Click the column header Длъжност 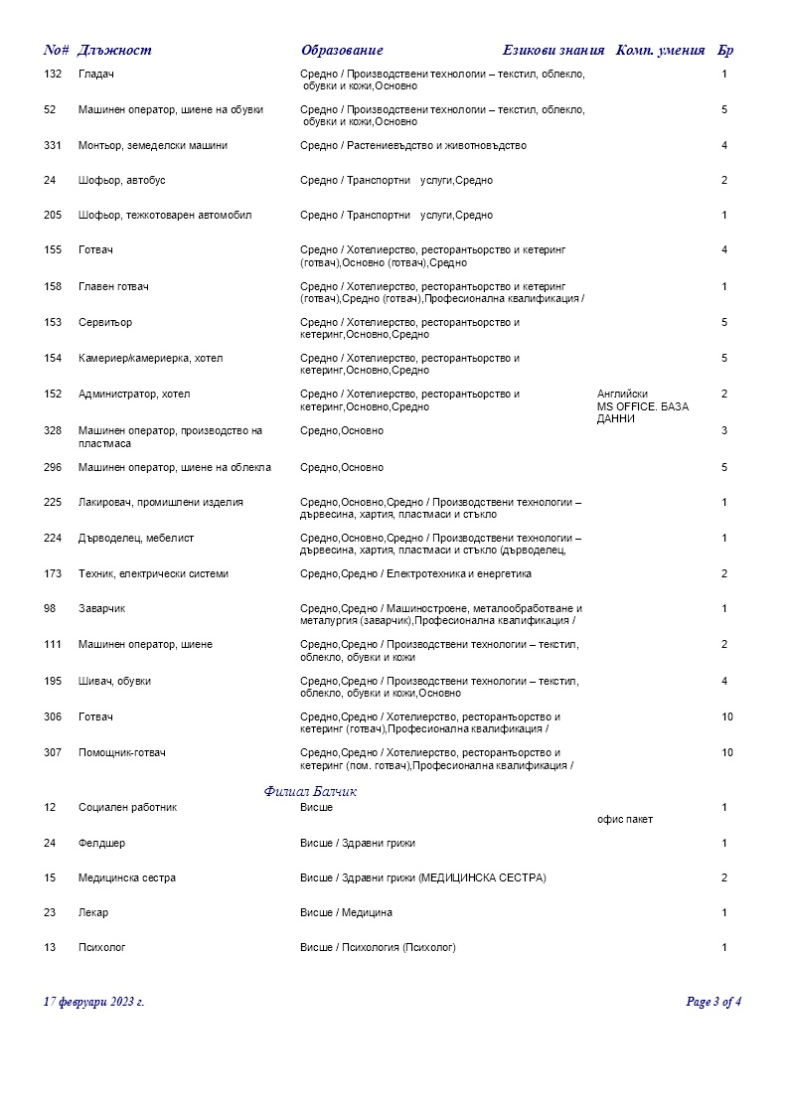tap(114, 51)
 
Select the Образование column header tap(342, 51)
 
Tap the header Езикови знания tap(553, 51)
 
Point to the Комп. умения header tap(661, 51)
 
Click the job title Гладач tap(96, 75)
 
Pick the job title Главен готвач tap(113, 287)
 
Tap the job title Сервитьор tap(105, 323)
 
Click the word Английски tap(622, 395)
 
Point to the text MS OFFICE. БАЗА tap(643, 406)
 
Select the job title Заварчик tap(101, 609)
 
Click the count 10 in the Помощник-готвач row tap(727, 753)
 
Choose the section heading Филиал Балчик tap(310, 792)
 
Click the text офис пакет tap(625, 820)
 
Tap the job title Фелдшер tap(101, 844)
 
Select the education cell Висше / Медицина tap(346, 913)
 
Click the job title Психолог tap(102, 948)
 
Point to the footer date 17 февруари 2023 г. tap(94, 1002)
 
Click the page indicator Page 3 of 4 tap(713, 1002)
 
